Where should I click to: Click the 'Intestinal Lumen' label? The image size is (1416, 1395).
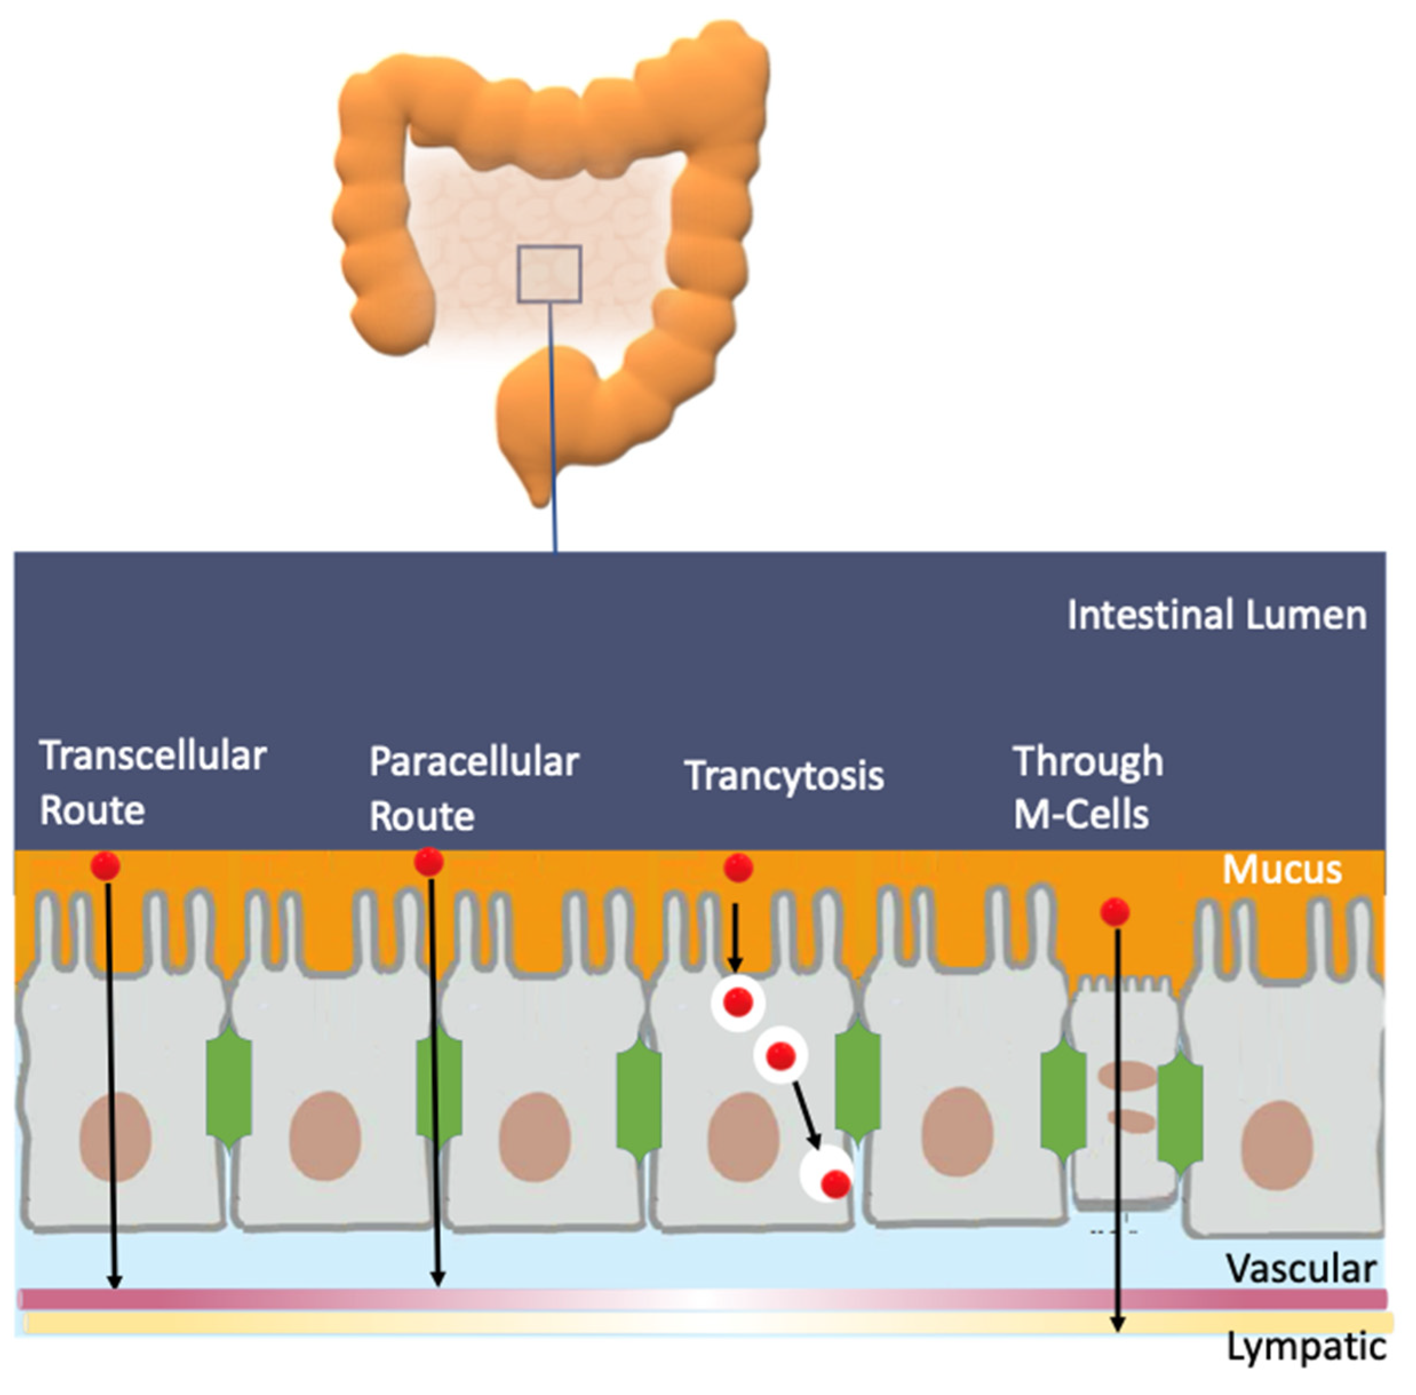coord(1216,615)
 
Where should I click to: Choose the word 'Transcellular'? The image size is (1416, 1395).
coord(153,756)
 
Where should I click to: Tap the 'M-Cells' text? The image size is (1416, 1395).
coord(1080,815)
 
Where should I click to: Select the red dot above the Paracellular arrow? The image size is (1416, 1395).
coord(429,862)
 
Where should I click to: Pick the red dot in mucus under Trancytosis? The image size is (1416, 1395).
coord(738,868)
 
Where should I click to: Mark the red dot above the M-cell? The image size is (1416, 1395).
coord(1115,912)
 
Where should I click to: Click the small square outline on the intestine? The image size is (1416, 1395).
coord(550,274)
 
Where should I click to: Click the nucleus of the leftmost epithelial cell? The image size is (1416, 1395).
coord(115,1136)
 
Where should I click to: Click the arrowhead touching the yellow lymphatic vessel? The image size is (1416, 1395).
coord(1117,1325)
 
